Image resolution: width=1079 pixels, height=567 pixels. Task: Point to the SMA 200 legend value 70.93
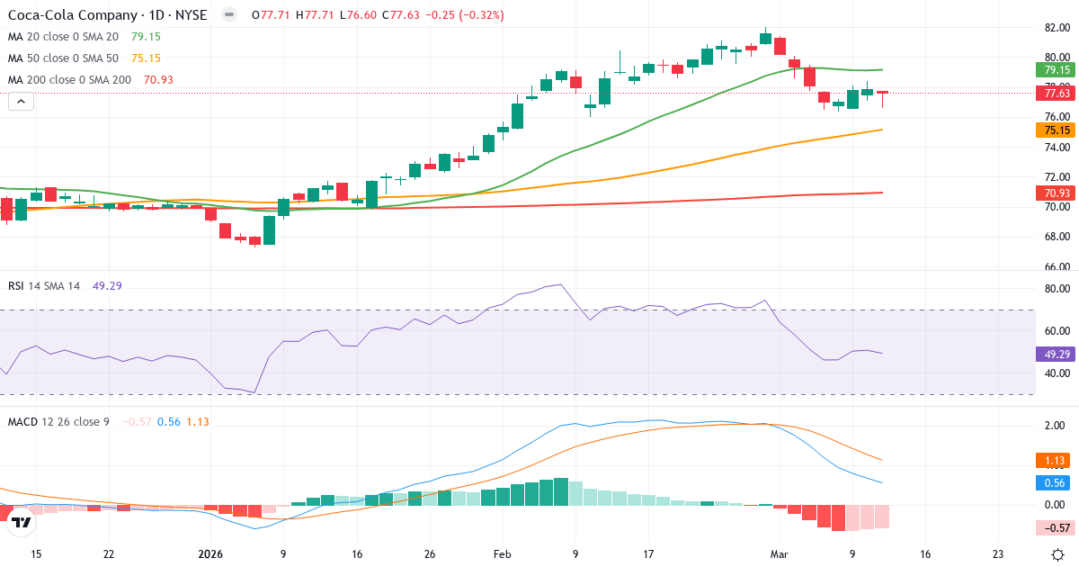[x=158, y=80]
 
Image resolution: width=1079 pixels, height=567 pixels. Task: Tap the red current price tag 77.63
[x=1054, y=93]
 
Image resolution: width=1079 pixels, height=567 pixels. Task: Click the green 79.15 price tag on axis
[x=1054, y=69]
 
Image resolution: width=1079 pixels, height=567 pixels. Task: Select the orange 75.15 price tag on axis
[x=1054, y=130]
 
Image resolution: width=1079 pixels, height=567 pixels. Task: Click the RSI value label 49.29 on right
[x=1054, y=354]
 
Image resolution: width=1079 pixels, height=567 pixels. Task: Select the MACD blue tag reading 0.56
[x=1054, y=482]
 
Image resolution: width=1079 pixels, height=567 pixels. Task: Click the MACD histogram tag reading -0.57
[x=1054, y=527]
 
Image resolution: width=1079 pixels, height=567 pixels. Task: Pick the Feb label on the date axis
[x=502, y=554]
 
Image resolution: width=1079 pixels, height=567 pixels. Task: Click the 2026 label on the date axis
[x=210, y=554]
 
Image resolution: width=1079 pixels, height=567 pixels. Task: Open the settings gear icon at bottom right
[x=1058, y=554]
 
